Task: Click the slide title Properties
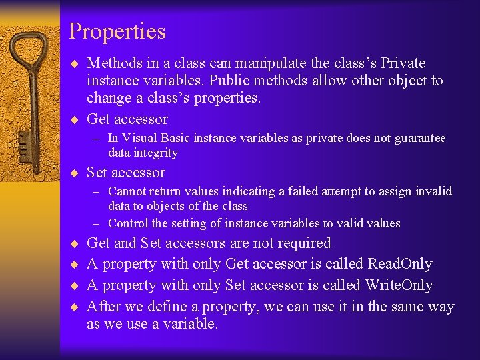pos(117,31)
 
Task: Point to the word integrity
pos(157,153)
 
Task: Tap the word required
pos(303,243)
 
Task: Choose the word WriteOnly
pos(399,285)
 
